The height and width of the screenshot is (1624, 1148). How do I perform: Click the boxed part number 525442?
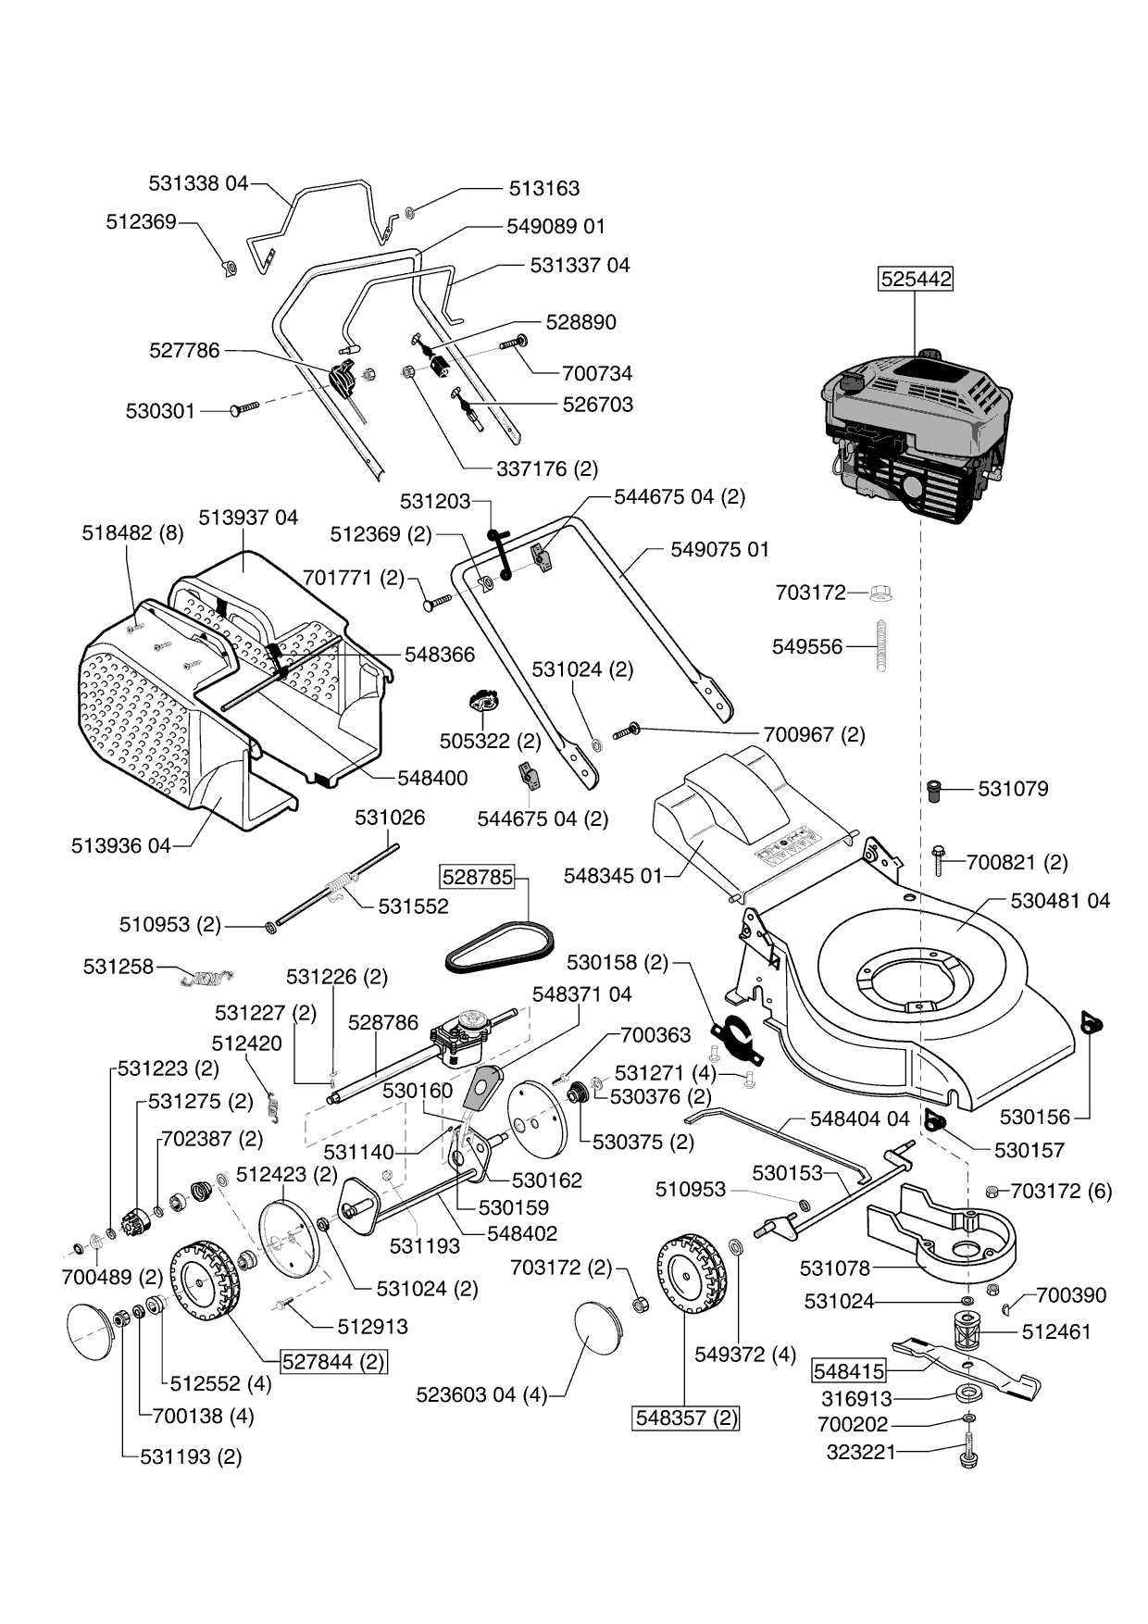(915, 279)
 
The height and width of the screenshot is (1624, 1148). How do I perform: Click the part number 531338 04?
(198, 183)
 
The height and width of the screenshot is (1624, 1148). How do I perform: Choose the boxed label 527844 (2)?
(333, 1362)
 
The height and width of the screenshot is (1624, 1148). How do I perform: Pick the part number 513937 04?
(248, 518)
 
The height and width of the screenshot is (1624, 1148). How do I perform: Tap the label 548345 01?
(614, 875)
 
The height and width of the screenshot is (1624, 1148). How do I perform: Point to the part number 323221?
(861, 1452)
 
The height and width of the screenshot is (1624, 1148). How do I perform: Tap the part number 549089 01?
(555, 226)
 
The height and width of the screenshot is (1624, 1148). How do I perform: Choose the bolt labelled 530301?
(243, 409)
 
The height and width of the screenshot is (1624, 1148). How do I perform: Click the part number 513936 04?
(121, 845)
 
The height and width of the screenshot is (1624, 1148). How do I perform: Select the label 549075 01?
(719, 549)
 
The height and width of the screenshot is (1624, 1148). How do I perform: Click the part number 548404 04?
(859, 1118)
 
